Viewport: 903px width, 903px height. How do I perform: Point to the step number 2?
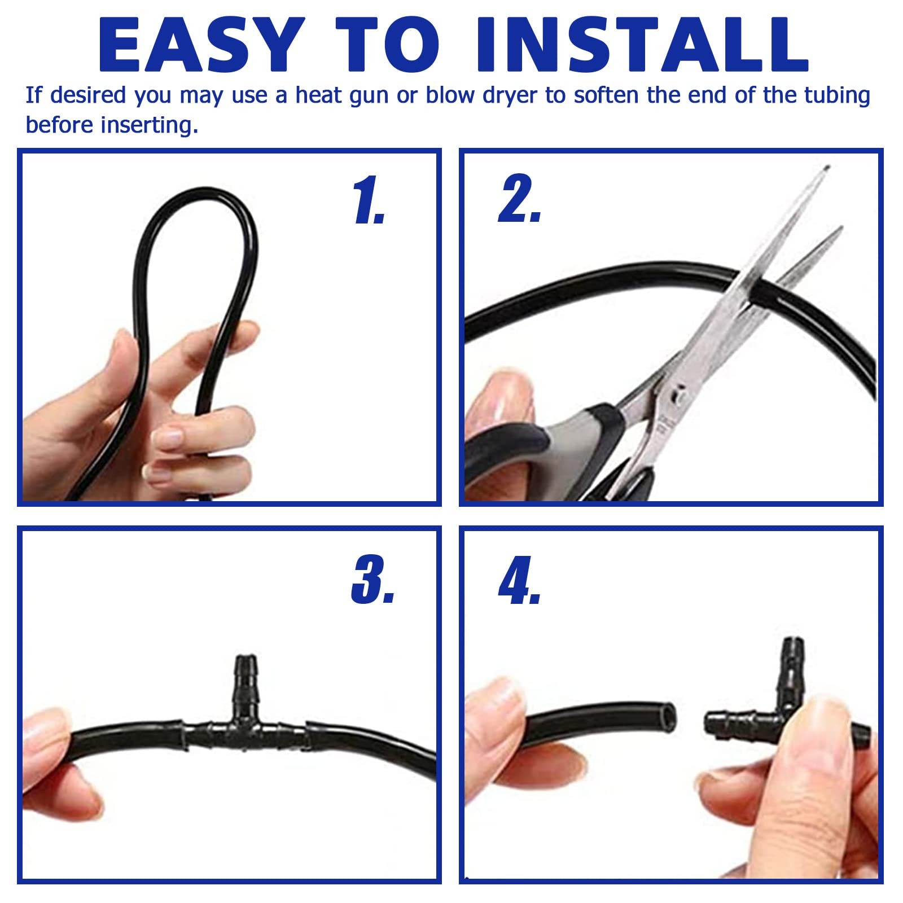tap(520, 198)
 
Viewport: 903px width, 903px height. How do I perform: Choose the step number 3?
tap(372, 580)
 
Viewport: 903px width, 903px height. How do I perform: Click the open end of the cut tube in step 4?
tap(669, 717)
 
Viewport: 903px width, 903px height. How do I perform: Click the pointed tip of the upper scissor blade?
tap(827, 167)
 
